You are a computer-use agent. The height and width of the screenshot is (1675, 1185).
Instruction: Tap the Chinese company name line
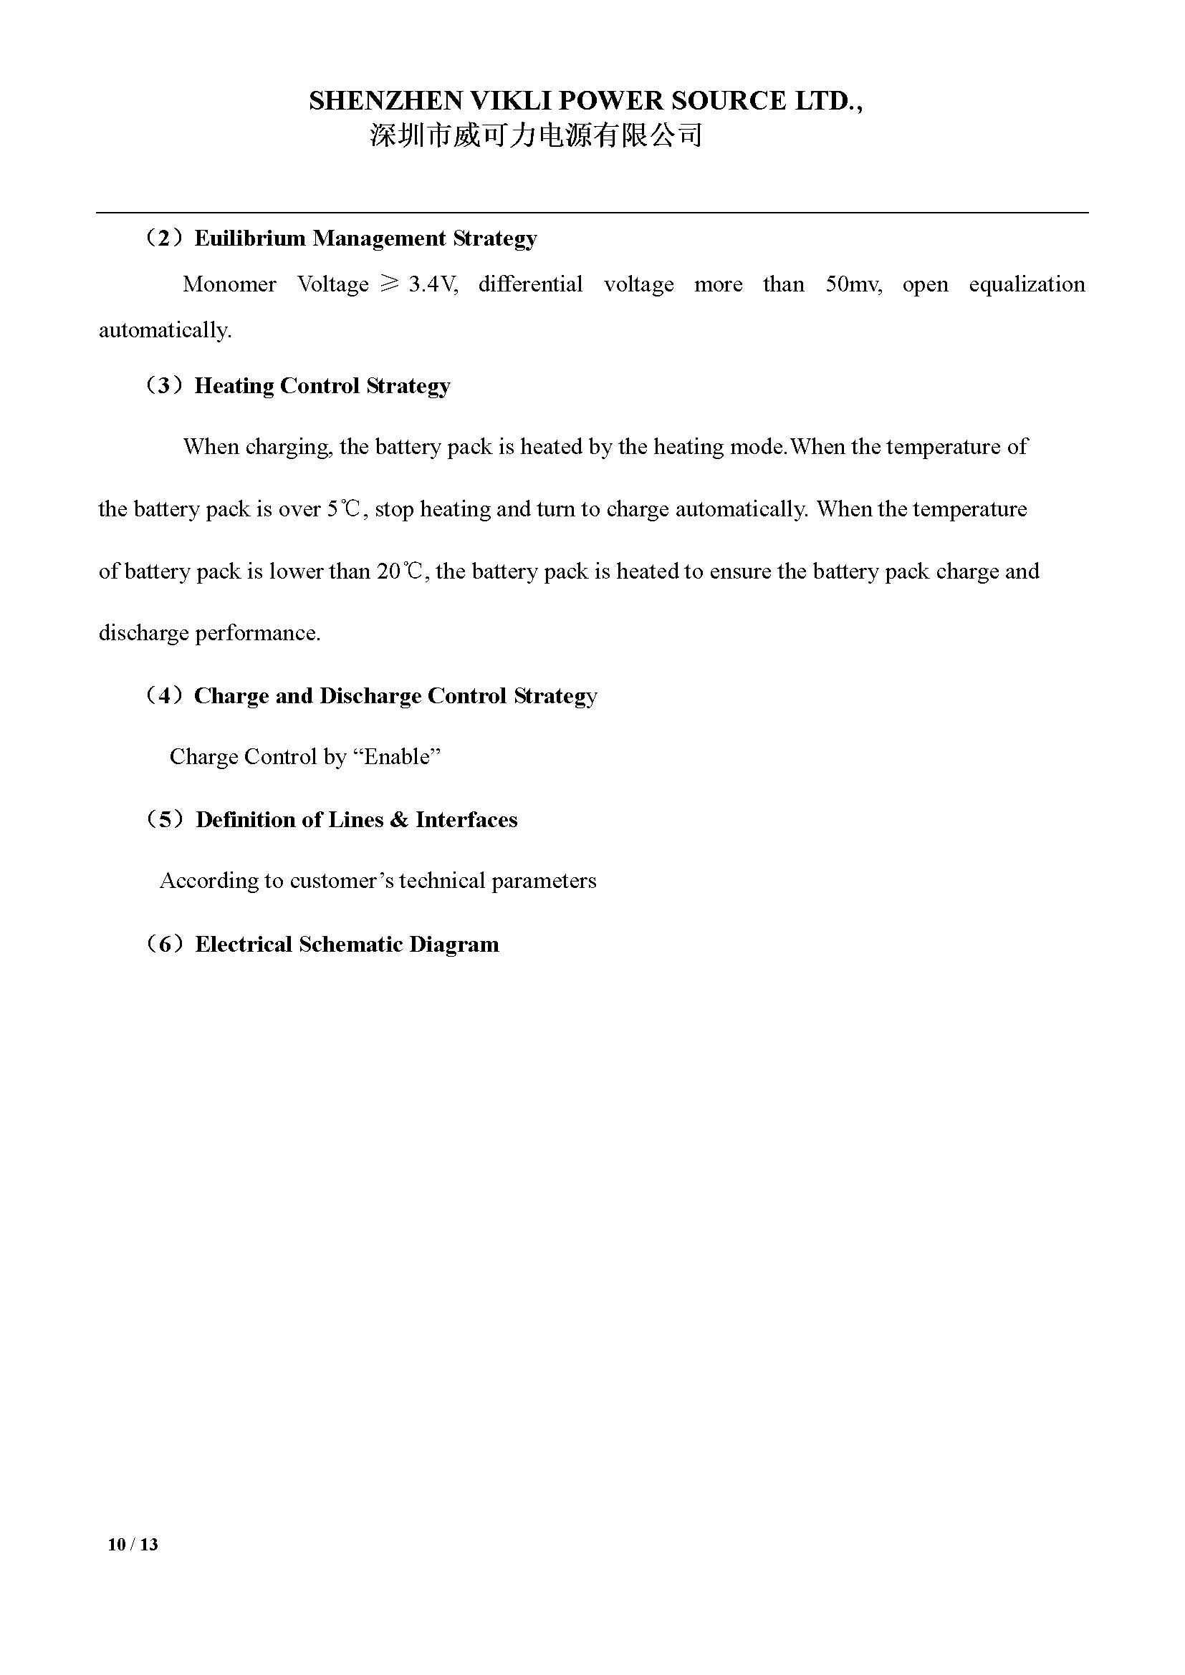(x=536, y=135)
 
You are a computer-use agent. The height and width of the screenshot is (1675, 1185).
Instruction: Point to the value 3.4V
(x=433, y=284)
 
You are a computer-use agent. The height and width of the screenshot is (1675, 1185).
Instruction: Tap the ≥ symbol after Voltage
(x=389, y=284)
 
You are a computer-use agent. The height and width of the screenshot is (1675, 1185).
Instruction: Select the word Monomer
(x=229, y=284)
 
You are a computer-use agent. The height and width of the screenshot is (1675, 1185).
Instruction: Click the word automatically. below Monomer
(x=165, y=330)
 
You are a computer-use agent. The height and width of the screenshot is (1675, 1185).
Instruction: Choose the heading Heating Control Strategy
(x=322, y=386)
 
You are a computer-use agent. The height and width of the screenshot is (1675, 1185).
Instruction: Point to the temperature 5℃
(x=344, y=509)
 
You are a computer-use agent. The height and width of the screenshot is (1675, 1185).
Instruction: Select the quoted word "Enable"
(x=397, y=757)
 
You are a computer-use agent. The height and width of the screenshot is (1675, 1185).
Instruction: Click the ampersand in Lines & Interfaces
(x=399, y=820)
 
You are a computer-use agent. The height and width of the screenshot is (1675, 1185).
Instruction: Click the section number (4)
(x=164, y=696)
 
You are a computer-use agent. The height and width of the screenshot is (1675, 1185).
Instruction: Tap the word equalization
(x=1027, y=284)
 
